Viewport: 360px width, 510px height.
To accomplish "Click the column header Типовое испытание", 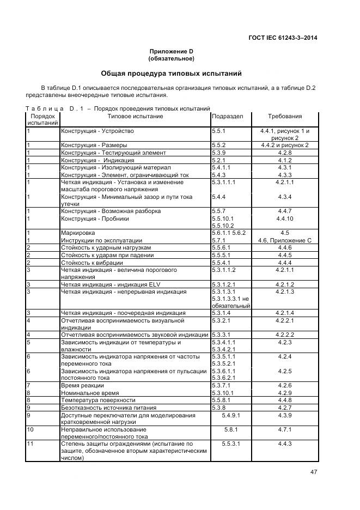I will (135, 116).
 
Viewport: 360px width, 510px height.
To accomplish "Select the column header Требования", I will (285, 116).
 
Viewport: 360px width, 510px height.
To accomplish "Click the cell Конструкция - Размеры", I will (94, 145).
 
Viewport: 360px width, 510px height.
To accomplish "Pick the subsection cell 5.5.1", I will (218, 131).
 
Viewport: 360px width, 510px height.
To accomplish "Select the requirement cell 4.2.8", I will (285, 153).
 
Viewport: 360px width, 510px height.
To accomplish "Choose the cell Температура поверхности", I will (95, 400).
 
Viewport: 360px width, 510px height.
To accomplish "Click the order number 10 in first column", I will (30, 430).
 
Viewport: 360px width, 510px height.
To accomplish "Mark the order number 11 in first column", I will (30, 444).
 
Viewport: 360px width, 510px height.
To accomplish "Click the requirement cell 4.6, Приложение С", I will (285, 240).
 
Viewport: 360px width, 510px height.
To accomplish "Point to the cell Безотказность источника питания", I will (108, 408).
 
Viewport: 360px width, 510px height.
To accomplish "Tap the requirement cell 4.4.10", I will (285, 218).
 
